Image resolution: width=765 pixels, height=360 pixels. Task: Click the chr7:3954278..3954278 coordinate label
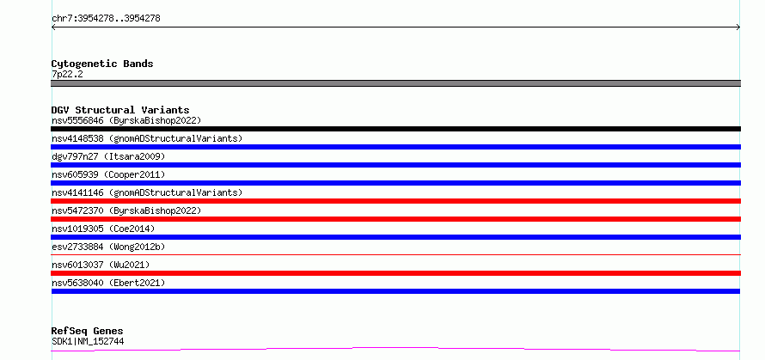coord(106,19)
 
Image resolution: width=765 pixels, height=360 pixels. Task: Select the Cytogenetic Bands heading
coord(102,64)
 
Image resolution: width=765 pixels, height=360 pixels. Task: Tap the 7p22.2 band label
coord(67,74)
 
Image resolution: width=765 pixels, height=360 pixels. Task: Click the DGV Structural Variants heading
coord(120,110)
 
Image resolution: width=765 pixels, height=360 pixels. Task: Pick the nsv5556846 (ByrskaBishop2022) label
coord(126,120)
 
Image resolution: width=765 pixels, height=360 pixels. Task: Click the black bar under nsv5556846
coord(395,129)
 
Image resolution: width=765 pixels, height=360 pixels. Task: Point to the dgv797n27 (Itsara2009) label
coord(108,156)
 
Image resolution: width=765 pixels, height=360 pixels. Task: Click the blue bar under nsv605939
coord(395,183)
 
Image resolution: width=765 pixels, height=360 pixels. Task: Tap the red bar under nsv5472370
coord(395,219)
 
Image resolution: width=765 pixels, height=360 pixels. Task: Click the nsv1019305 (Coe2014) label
coord(103,229)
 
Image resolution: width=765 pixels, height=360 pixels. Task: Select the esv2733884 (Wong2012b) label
coord(108,247)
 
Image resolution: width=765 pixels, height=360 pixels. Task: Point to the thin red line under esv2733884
coord(395,254)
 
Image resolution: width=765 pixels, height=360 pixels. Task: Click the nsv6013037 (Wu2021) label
coord(101,265)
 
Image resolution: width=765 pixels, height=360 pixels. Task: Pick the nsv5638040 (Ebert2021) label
coord(108,283)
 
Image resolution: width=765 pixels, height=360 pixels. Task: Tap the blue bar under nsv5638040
coord(395,291)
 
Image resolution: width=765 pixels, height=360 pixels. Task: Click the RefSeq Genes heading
coord(87,332)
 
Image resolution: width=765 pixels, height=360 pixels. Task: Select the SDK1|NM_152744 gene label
coord(88,341)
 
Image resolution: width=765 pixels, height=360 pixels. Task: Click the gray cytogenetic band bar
coord(395,83)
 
